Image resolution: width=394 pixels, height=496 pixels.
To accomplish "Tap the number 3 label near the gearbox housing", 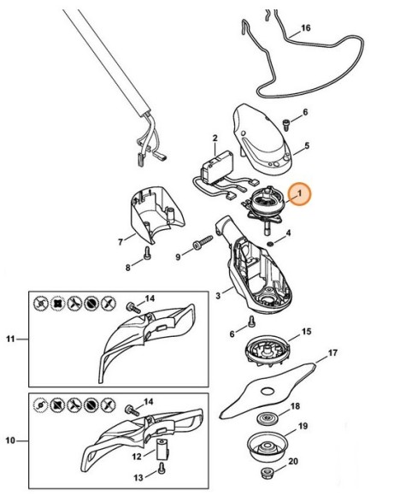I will [x=218, y=294].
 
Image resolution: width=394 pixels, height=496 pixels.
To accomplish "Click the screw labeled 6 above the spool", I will [x=252, y=322].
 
